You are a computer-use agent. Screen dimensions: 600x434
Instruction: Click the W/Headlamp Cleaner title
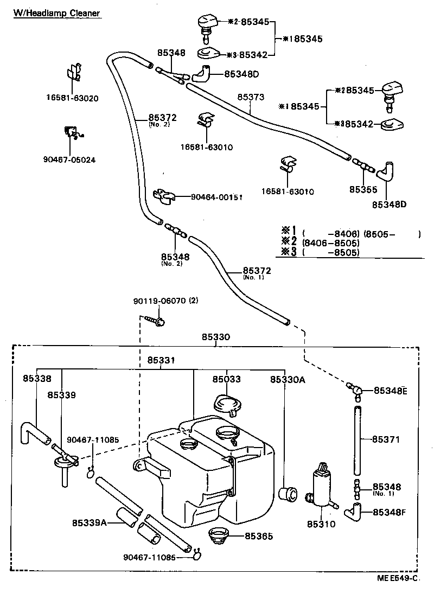pos(57,12)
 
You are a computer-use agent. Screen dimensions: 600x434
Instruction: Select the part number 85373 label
pos(251,98)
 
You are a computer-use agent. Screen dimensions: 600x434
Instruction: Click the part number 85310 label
pos(321,524)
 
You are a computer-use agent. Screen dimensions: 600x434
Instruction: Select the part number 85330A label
pos(288,380)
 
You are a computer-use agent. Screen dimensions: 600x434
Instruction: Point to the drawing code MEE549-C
pos(399,578)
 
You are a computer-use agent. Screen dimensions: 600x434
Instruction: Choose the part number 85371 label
pos(386,440)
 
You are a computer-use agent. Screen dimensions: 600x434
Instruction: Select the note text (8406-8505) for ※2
pos(331,243)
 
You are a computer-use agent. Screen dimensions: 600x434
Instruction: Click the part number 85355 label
pos(362,189)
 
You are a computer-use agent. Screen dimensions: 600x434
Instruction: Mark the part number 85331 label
pos(161,360)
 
